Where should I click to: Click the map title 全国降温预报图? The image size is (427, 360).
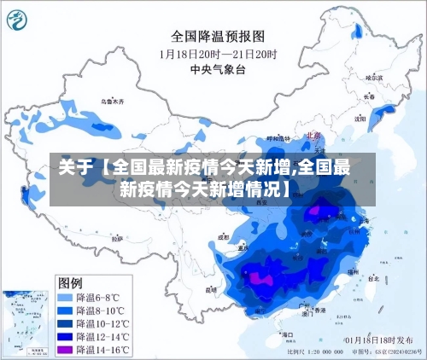coord(218,36)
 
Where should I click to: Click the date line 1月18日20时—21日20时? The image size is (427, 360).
coord(217,54)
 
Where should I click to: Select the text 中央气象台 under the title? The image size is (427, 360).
coord(218,69)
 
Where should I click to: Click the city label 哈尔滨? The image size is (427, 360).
coord(373,77)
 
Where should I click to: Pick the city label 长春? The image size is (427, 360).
coord(368,96)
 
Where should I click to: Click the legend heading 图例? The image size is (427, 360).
coord(70,282)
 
